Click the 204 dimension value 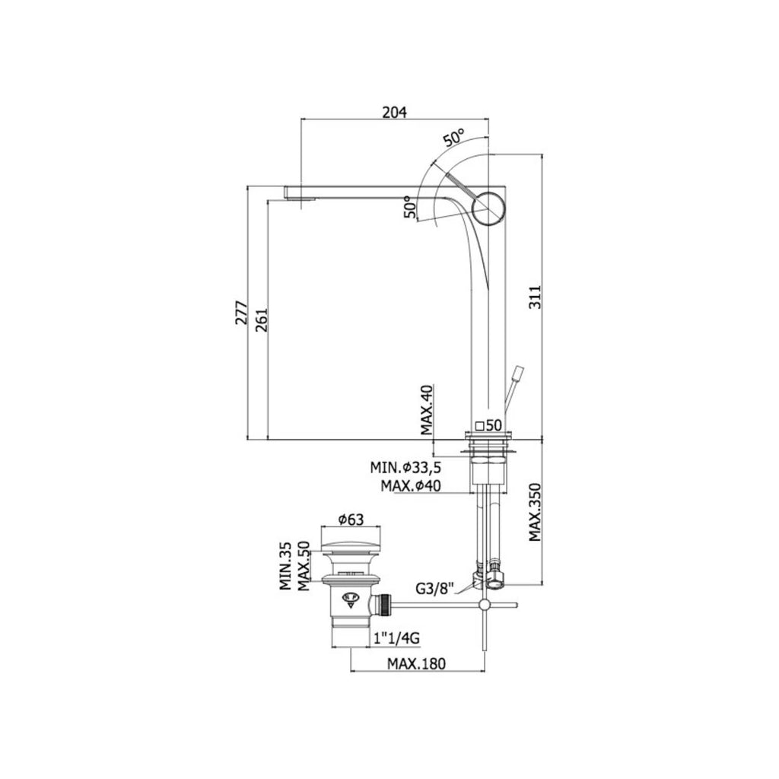pyautogui.click(x=394, y=111)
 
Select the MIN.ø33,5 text pyautogui.click(x=406, y=467)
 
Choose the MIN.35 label pyautogui.click(x=285, y=567)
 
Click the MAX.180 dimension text pyautogui.click(x=416, y=663)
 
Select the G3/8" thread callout pyautogui.click(x=434, y=588)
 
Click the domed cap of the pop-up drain pyautogui.click(x=348, y=546)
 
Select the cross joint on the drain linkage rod pyautogui.click(x=484, y=606)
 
